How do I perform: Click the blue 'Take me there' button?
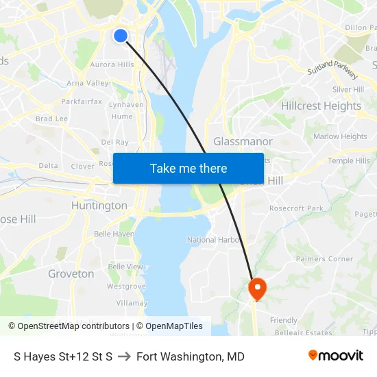click(188, 168)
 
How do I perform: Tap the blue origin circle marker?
click(120, 35)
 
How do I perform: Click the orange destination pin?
click(258, 288)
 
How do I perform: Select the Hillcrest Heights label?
click(321, 106)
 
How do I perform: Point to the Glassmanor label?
click(243, 141)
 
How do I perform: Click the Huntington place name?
click(99, 205)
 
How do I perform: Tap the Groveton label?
click(71, 273)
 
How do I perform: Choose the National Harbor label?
click(215, 240)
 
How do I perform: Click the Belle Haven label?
click(114, 234)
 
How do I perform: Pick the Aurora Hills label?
click(112, 64)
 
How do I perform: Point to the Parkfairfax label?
click(82, 101)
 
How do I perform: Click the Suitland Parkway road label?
click(335, 69)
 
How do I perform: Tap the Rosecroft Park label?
click(296, 208)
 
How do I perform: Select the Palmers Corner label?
click(324, 259)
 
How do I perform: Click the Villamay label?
click(132, 303)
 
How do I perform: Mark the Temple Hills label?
click(348, 161)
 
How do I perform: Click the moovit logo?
click(335, 356)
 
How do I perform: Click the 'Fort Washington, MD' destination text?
click(190, 356)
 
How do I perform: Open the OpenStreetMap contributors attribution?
click(69, 326)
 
